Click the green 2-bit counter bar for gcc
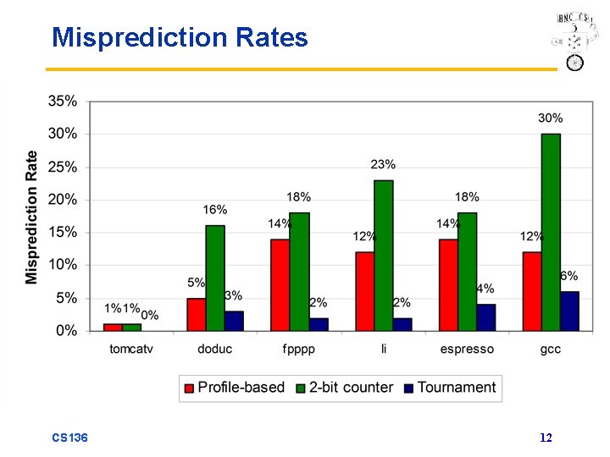pyautogui.click(x=551, y=232)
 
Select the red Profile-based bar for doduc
pyautogui.click(x=197, y=314)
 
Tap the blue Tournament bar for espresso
pyautogui.click(x=485, y=317)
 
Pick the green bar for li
pyautogui.click(x=383, y=255)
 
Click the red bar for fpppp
pyautogui.click(x=280, y=284)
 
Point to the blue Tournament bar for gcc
pyautogui.click(x=569, y=311)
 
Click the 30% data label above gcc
pyautogui.click(x=550, y=118)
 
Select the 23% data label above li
pyautogui.click(x=383, y=164)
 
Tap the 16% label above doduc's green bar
pyautogui.click(x=214, y=209)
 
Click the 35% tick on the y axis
pyautogui.click(x=63, y=101)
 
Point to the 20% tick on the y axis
pyautogui.click(x=63, y=200)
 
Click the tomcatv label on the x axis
pyautogui.click(x=131, y=349)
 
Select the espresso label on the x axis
pyautogui.click(x=467, y=349)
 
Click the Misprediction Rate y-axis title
pyautogui.click(x=31, y=217)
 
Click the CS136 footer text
pyautogui.click(x=69, y=438)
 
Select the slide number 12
pyautogui.click(x=546, y=438)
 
